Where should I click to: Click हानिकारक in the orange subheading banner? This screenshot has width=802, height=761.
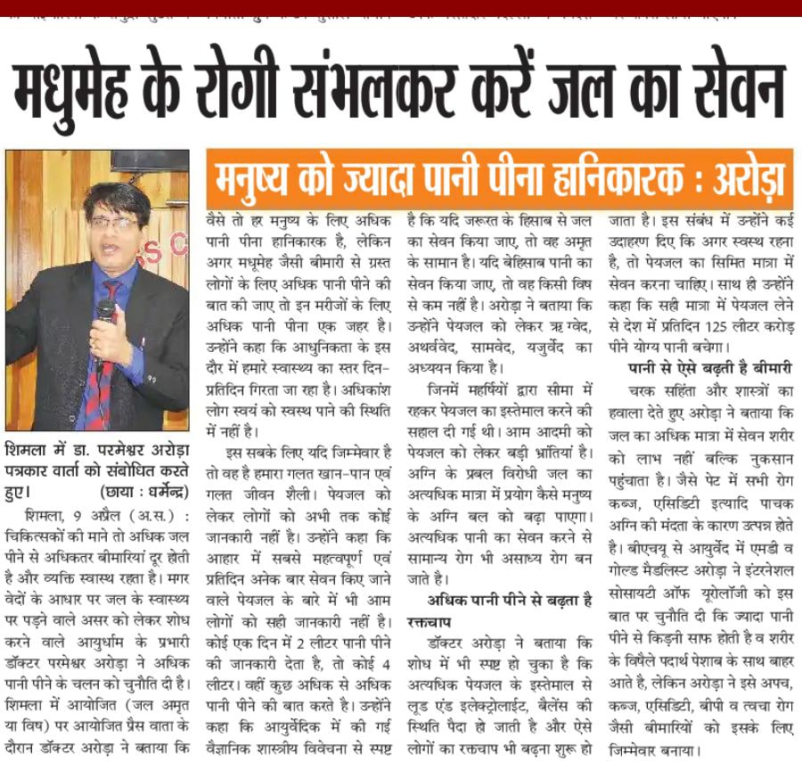tap(597, 181)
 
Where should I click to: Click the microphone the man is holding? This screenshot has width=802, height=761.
tap(105, 311)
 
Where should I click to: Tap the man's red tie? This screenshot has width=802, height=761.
tap(97, 356)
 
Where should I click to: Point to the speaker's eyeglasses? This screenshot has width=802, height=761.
tap(114, 223)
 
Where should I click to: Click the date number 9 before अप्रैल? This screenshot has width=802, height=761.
tap(54, 517)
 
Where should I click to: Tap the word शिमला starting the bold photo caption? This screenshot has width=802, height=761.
tap(28, 447)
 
